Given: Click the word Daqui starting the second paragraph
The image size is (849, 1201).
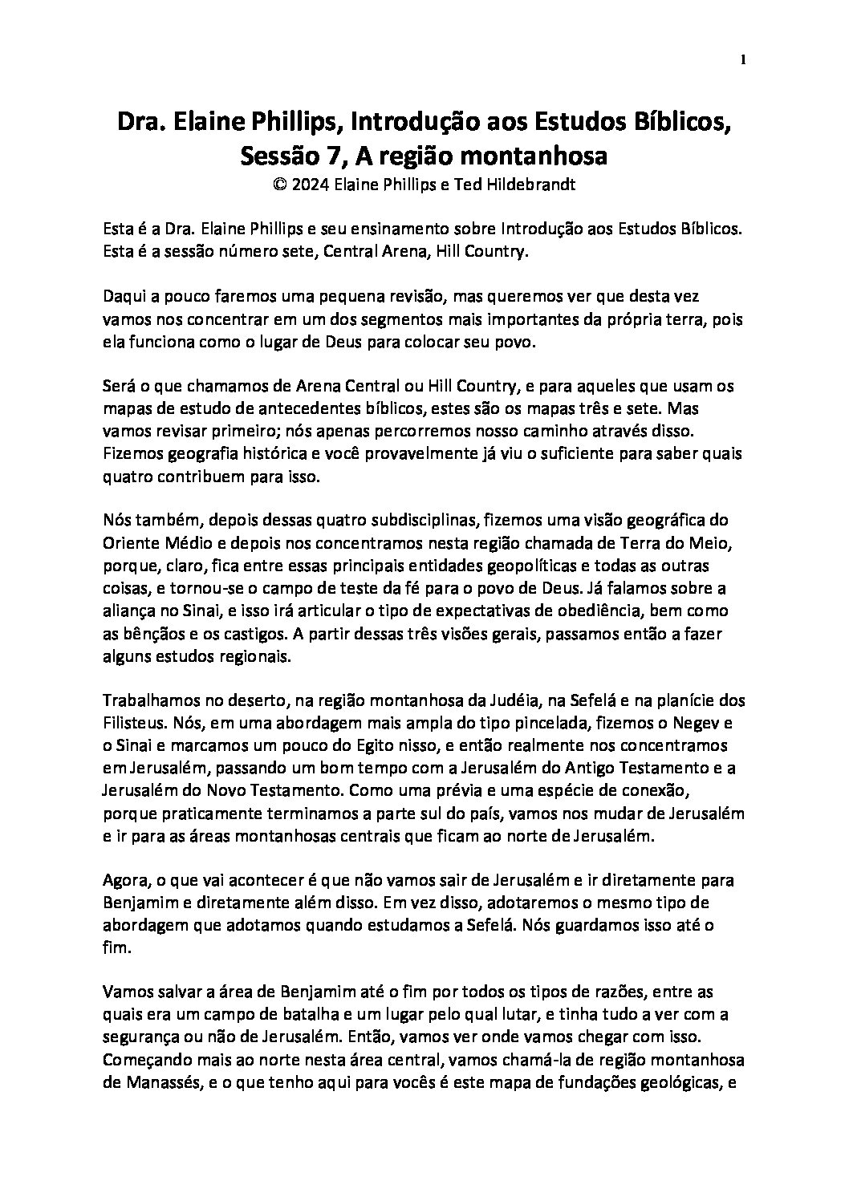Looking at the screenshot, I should [126, 296].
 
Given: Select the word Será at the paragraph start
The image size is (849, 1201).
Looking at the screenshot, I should [120, 386].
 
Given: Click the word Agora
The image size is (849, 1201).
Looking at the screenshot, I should [124, 880].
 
